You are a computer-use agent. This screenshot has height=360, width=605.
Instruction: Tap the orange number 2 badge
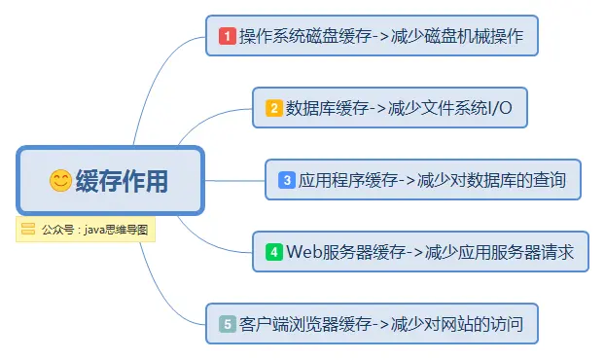(x=274, y=108)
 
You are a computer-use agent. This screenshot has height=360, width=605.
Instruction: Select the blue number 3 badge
(x=287, y=179)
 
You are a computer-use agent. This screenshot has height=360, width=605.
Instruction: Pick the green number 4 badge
(x=274, y=252)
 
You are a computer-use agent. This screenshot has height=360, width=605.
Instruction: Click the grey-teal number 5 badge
(x=228, y=324)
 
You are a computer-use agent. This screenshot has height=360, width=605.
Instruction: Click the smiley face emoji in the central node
(x=60, y=180)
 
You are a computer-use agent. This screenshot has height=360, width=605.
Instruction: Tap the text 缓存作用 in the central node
(x=122, y=180)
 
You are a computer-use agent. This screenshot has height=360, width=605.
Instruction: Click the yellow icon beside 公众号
(x=28, y=230)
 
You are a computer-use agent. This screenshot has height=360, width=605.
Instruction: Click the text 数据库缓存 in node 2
(x=325, y=108)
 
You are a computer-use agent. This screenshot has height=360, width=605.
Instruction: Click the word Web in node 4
(x=303, y=252)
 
